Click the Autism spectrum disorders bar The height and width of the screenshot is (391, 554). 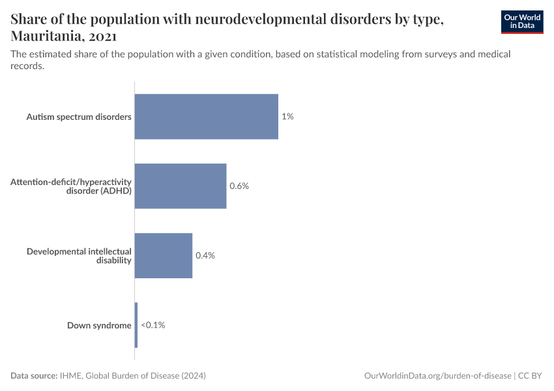click(x=206, y=117)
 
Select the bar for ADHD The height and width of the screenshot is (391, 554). click(x=181, y=186)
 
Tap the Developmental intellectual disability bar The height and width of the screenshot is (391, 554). click(x=164, y=255)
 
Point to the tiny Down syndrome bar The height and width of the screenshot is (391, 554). click(x=136, y=325)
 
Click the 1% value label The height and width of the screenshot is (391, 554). click(x=287, y=117)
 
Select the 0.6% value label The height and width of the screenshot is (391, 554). click(x=239, y=186)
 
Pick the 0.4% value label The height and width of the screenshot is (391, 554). click(x=205, y=255)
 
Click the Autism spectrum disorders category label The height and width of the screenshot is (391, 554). click(x=79, y=117)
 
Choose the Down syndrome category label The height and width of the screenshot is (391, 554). click(x=99, y=325)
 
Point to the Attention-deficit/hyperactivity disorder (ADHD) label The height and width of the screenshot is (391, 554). click(x=71, y=186)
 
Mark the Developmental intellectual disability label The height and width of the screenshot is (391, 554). click(x=79, y=255)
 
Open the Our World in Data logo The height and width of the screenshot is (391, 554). click(x=522, y=22)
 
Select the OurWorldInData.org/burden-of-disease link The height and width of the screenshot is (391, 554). click(x=437, y=376)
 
